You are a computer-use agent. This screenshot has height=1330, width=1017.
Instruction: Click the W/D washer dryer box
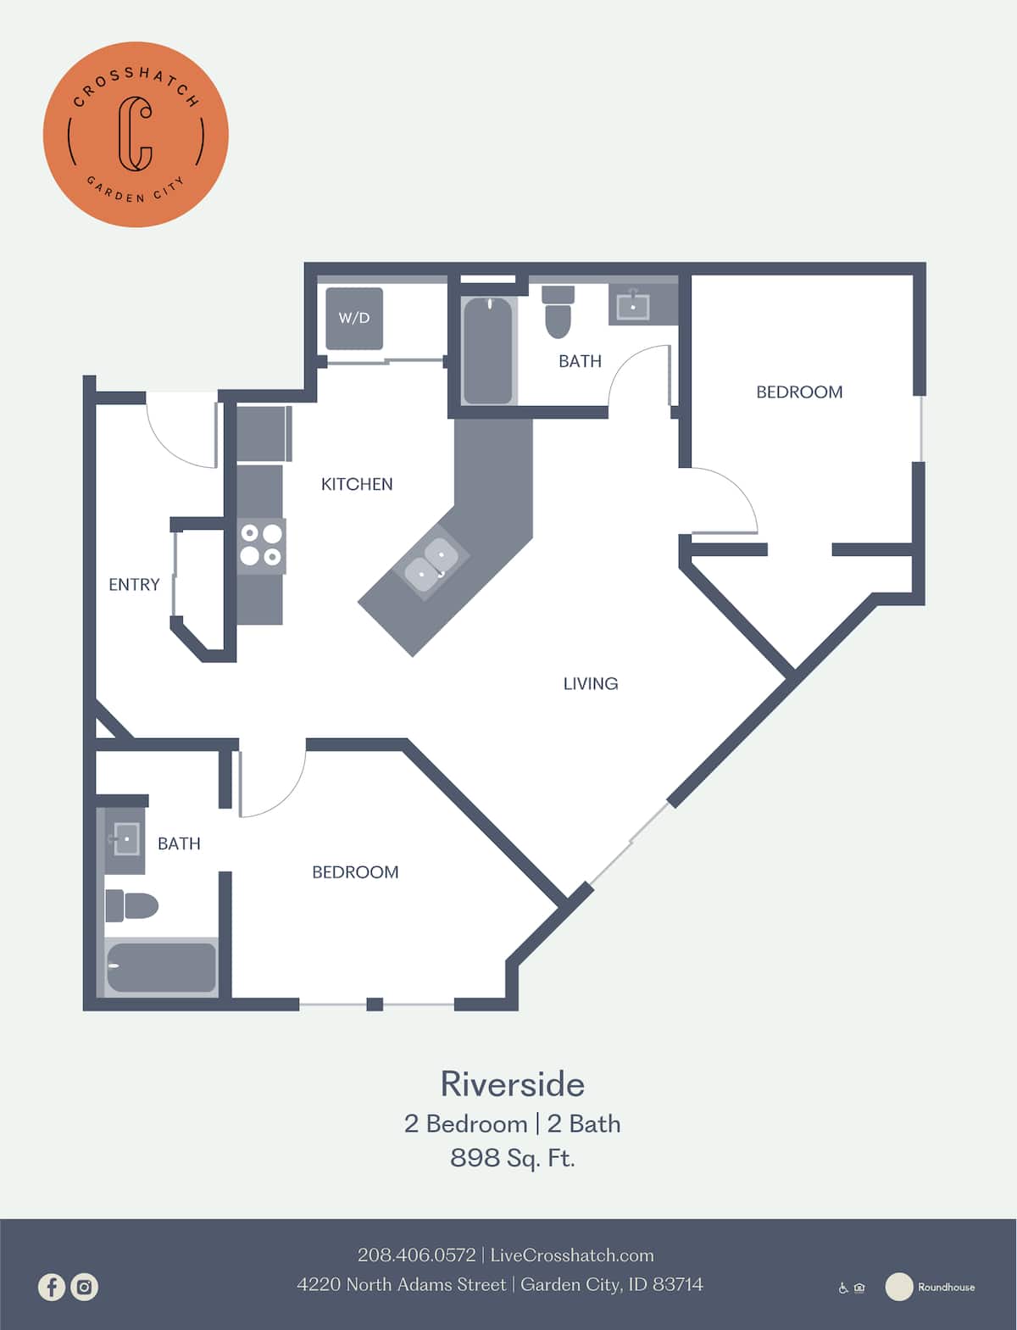354,319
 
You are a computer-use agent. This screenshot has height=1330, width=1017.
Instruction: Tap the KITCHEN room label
357,484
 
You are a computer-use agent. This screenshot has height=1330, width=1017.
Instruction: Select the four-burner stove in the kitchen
261,545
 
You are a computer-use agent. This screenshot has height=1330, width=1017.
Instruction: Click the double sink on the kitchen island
432,565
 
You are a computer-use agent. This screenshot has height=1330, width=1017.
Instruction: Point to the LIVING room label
591,683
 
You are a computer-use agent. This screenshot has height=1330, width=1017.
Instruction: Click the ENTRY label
134,584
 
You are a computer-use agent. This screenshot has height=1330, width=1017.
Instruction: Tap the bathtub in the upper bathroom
488,349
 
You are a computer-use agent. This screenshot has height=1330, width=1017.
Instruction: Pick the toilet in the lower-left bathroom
131,906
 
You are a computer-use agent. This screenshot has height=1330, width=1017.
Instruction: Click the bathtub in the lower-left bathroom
161,967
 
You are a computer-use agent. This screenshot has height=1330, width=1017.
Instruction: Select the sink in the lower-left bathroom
125,839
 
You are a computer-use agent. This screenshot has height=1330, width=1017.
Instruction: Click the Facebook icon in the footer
52,1287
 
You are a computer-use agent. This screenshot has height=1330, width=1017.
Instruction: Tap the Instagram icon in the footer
85,1287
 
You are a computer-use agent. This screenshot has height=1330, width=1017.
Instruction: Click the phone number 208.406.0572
416,1255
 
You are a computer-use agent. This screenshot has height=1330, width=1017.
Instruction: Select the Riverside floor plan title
512,1084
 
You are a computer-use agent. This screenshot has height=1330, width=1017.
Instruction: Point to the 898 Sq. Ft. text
512,1157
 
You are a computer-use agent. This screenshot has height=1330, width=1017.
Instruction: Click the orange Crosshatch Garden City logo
136,134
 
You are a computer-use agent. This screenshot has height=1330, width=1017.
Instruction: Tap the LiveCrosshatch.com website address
572,1255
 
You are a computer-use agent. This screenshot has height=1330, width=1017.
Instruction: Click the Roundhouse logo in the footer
931,1287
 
